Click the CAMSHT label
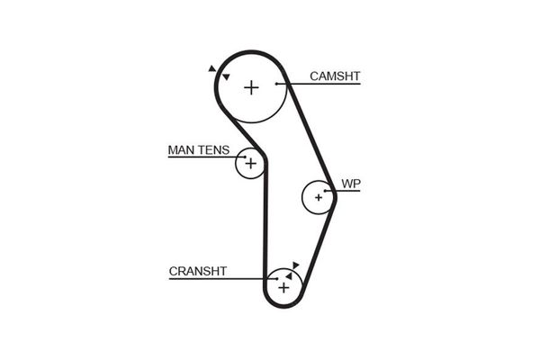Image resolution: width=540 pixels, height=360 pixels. pos(334,76)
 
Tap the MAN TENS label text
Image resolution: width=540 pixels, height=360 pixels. pos(198,150)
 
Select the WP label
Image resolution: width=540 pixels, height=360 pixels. pos(350,184)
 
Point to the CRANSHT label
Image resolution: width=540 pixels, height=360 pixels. pos(197,271)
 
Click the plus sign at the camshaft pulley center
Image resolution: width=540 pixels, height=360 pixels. pos(251,87)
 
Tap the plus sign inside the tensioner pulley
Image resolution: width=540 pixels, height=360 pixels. pos(250,164)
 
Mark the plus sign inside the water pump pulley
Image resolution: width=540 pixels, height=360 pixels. pos(318,197)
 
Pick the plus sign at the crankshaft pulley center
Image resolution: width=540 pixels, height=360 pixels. pos(283,288)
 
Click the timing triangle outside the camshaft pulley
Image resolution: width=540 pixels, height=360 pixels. pos(211,68)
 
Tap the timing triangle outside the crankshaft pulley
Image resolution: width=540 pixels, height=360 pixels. pos(296,264)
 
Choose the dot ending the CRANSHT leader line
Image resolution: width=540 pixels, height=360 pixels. pos(275,279)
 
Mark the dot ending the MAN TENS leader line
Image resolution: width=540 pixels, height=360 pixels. pos(243,158)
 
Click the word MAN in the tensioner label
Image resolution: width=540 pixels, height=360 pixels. pos(181,150)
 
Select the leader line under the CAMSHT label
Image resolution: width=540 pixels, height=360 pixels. pos(324,85)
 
